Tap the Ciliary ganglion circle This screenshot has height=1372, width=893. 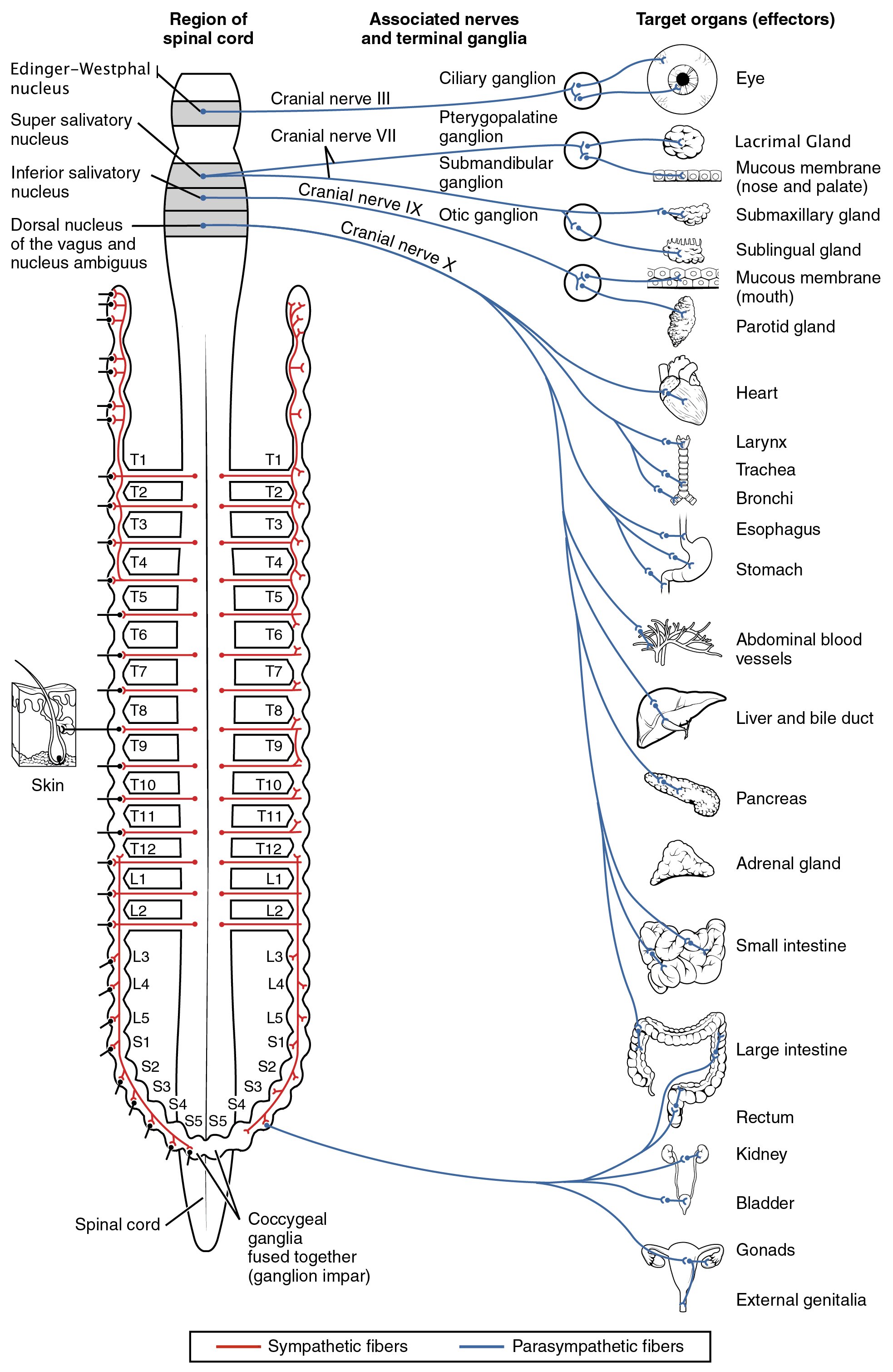click(582, 90)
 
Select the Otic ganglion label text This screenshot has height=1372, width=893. click(488, 215)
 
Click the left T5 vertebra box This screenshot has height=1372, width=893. click(150, 597)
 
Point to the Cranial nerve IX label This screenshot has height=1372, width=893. click(360, 199)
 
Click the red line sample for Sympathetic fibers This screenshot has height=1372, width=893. click(238, 1347)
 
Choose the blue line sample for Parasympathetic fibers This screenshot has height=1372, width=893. click(482, 1347)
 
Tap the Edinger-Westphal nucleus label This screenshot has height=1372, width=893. click(79, 79)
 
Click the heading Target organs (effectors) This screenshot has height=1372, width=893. click(735, 19)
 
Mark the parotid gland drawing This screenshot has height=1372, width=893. click(681, 321)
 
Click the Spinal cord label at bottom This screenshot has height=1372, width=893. click(117, 1224)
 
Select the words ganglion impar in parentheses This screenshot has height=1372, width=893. click(309, 1276)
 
